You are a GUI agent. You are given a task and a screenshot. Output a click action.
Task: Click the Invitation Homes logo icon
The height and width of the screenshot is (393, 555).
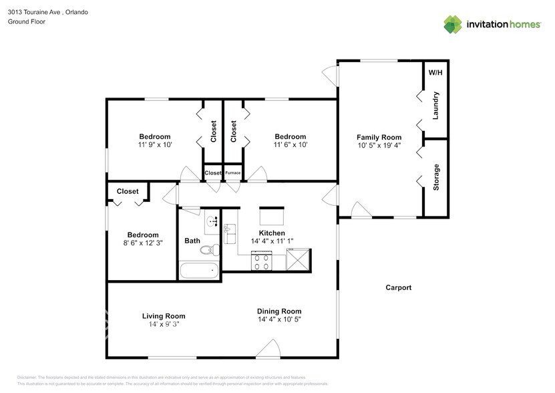click(453, 25)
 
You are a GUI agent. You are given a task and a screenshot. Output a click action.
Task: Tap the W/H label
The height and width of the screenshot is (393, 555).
click(435, 72)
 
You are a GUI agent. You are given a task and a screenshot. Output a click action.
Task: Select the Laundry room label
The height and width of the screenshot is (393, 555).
click(435, 105)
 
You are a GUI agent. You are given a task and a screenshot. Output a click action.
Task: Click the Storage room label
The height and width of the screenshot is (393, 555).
click(436, 177)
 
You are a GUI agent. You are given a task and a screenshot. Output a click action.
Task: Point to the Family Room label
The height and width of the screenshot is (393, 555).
click(379, 136)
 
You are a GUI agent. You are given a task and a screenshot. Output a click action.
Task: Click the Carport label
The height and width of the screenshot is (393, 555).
click(398, 288)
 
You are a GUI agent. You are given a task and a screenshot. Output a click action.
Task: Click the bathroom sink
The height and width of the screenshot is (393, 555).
click(212, 221)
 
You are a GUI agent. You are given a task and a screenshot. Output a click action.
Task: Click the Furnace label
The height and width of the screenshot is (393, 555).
click(232, 173)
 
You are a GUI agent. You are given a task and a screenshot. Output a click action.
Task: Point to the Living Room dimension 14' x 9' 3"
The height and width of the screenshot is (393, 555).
click(164, 324)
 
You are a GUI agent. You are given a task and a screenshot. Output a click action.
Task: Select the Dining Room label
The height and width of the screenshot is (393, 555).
click(279, 311)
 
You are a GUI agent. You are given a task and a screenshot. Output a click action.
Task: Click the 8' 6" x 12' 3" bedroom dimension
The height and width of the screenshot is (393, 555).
click(143, 243)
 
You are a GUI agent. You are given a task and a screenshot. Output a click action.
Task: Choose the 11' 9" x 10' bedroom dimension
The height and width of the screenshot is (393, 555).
click(155, 145)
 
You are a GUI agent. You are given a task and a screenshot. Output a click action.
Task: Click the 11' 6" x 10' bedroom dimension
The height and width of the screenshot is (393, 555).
click(290, 145)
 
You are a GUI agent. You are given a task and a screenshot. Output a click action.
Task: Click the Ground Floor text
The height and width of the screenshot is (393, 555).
click(27, 21)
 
